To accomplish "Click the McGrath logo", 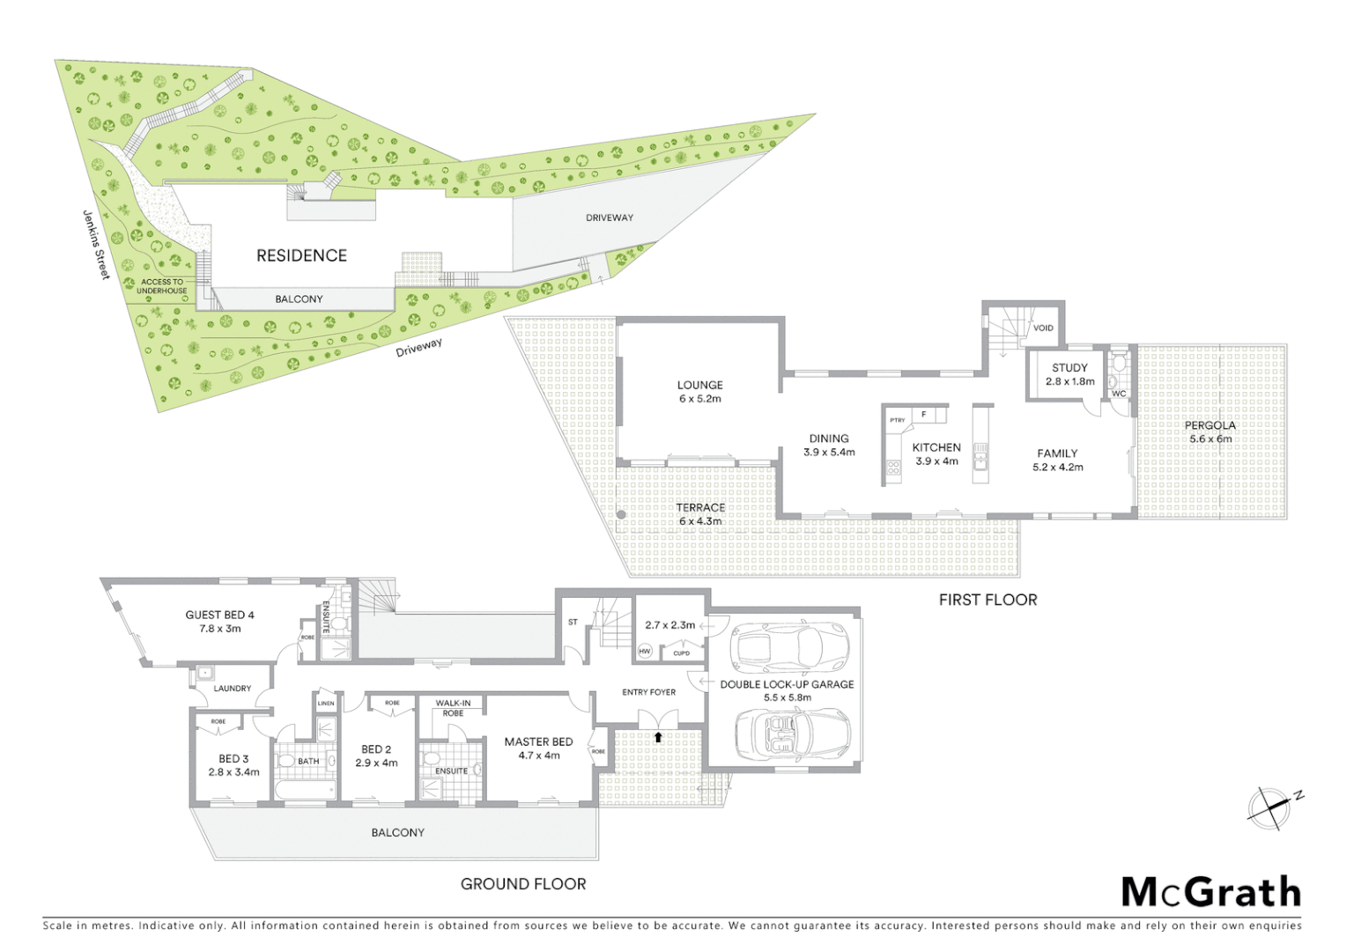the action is [x=1210, y=892].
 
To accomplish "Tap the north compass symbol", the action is [x=1268, y=807].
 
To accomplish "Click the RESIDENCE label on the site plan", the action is [x=301, y=255].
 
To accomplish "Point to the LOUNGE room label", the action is [x=699, y=385].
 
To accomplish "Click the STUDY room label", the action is [x=1069, y=368].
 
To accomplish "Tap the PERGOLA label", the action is [x=1210, y=425].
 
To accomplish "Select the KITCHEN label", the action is [x=936, y=447].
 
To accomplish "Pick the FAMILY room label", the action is [x=1057, y=453].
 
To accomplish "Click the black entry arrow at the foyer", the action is [x=658, y=736].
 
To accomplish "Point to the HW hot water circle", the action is [x=644, y=651].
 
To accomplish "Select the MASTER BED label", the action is [x=538, y=741].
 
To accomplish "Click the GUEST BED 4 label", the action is [x=219, y=615].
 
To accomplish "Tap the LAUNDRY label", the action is [x=232, y=689].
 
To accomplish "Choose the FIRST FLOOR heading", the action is [x=987, y=600].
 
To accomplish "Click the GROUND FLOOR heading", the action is [x=523, y=884].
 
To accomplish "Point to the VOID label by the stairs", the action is [x=1043, y=328].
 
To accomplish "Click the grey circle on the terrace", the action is [x=621, y=515].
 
